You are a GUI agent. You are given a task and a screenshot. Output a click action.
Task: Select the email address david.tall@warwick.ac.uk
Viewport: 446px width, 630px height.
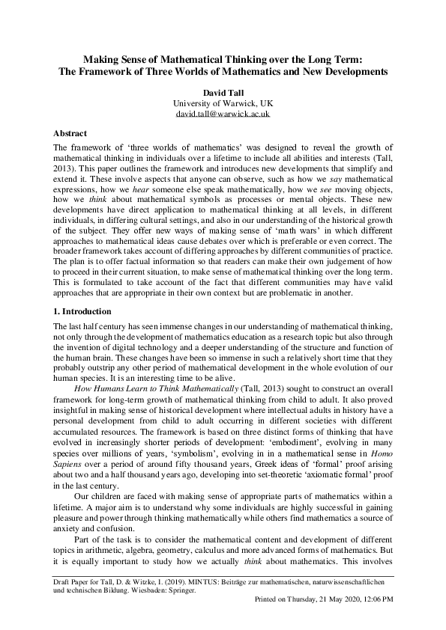click(x=222, y=114)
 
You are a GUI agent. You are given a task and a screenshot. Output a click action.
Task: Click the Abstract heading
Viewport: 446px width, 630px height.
click(x=75, y=133)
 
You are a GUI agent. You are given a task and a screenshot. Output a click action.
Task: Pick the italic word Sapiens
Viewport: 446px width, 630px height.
click(x=69, y=447)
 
